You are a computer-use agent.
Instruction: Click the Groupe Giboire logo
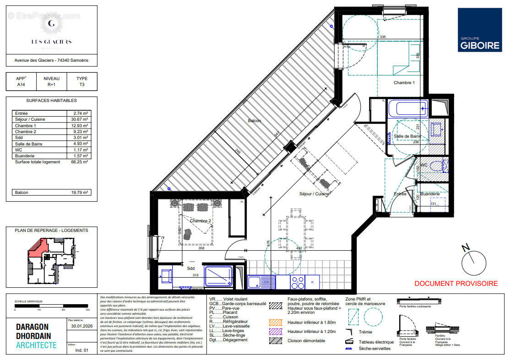tap(479, 30)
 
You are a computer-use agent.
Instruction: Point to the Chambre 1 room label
tap(404, 83)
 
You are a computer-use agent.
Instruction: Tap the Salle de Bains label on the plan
tap(407, 136)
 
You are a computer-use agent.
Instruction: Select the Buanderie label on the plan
tap(430, 194)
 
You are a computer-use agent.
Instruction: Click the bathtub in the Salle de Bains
tap(407, 109)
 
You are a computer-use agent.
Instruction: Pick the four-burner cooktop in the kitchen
tap(298, 282)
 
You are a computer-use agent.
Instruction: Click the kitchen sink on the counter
tap(261, 282)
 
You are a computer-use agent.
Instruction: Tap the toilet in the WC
tap(437, 166)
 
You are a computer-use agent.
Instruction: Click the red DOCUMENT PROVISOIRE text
tap(456, 284)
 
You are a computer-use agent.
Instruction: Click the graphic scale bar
tap(51, 306)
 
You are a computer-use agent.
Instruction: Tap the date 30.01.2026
tap(79, 326)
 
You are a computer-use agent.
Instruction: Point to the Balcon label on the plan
tap(255, 121)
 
